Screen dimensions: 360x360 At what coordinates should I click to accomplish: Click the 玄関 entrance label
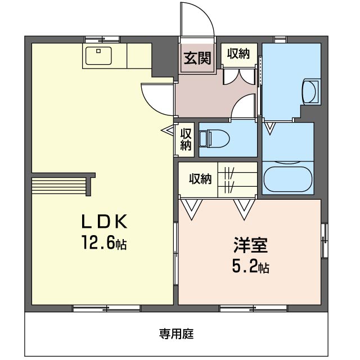[x=197, y=58]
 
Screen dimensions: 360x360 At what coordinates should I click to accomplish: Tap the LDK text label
[x=105, y=221]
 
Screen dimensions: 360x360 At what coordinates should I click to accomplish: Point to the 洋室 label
[x=250, y=245]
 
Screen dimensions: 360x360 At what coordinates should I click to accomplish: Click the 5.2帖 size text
[x=250, y=266]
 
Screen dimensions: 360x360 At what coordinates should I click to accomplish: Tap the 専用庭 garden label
[x=176, y=334]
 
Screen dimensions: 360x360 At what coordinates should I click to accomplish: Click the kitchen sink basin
[x=98, y=56]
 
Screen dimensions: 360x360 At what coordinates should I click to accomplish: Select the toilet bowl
[x=214, y=139]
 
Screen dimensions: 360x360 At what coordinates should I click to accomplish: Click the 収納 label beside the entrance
[x=238, y=53]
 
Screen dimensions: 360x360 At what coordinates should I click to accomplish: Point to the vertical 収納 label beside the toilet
[x=186, y=139]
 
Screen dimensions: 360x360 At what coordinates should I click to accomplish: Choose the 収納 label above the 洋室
[x=200, y=179]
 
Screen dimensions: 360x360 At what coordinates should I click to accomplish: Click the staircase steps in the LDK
[x=59, y=186]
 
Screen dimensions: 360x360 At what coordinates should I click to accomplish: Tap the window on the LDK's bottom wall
[x=106, y=308]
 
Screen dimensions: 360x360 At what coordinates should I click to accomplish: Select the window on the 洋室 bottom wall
[x=254, y=308]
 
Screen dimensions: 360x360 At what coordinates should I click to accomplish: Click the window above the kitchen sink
[x=102, y=40]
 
